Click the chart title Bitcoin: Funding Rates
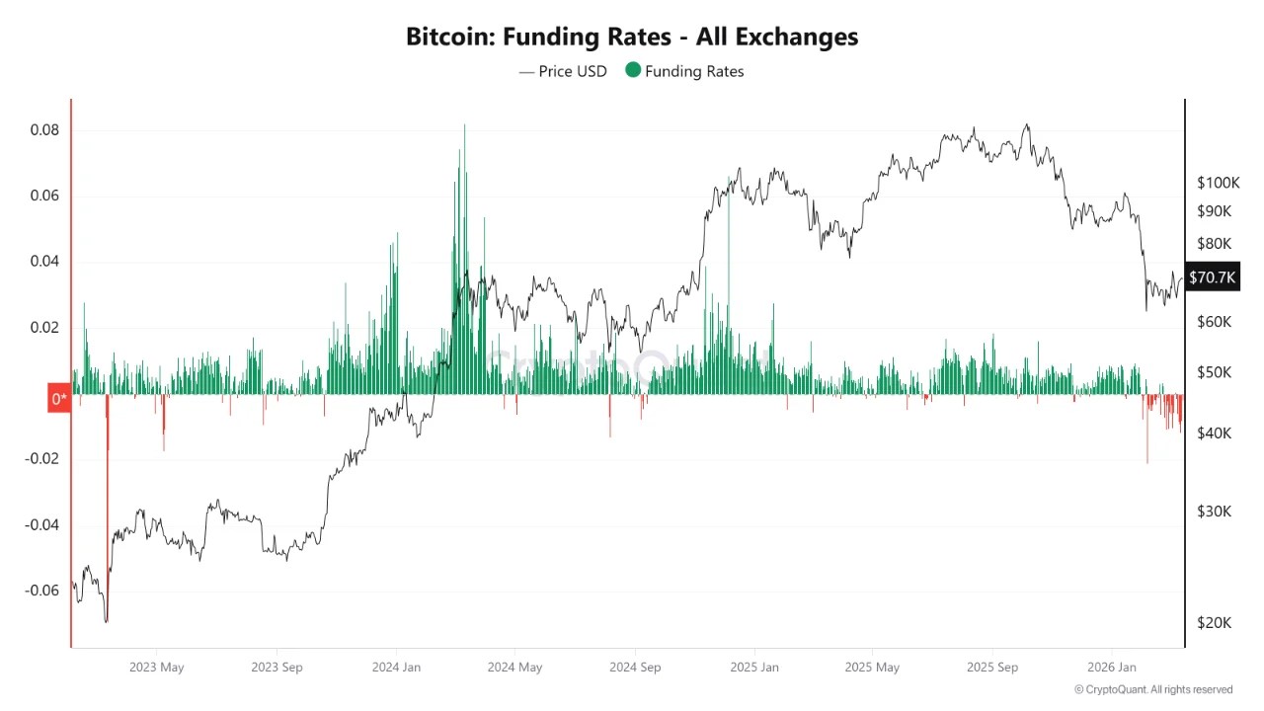632,37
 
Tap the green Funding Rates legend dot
633,70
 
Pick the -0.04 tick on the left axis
42,525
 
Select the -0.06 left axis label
42,591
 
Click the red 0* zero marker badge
59,399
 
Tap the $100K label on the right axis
1217,183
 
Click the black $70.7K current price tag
1212,277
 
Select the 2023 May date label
157,668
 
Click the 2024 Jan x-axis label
396,668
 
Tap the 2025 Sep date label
991,668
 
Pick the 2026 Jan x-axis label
1110,668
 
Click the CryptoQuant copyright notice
1153,689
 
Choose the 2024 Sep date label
635,668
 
